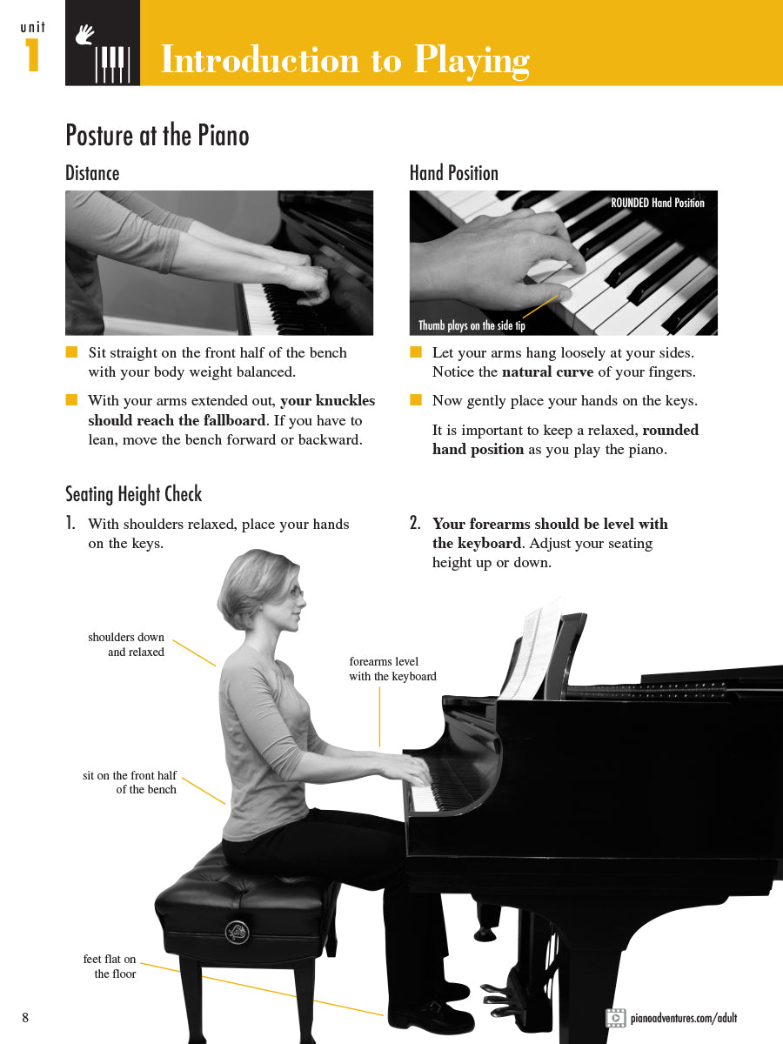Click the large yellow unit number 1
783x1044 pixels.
[32, 56]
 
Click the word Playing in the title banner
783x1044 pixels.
[471, 60]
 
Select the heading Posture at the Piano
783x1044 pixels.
[157, 136]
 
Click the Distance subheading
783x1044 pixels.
[92, 173]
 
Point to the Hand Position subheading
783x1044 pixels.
[453, 173]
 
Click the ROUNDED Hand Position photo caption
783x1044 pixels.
[657, 203]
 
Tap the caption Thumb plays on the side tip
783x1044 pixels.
[472, 325]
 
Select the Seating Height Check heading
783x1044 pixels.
[133, 494]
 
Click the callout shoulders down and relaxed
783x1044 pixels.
[126, 645]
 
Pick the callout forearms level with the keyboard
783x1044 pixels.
[392, 669]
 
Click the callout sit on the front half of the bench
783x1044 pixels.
[130, 782]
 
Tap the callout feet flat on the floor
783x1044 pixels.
[110, 967]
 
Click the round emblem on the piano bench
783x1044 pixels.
[237, 932]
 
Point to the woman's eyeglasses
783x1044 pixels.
[296, 593]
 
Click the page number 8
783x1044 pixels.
[25, 1018]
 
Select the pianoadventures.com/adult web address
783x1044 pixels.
[684, 1018]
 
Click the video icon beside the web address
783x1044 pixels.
[615, 1018]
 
